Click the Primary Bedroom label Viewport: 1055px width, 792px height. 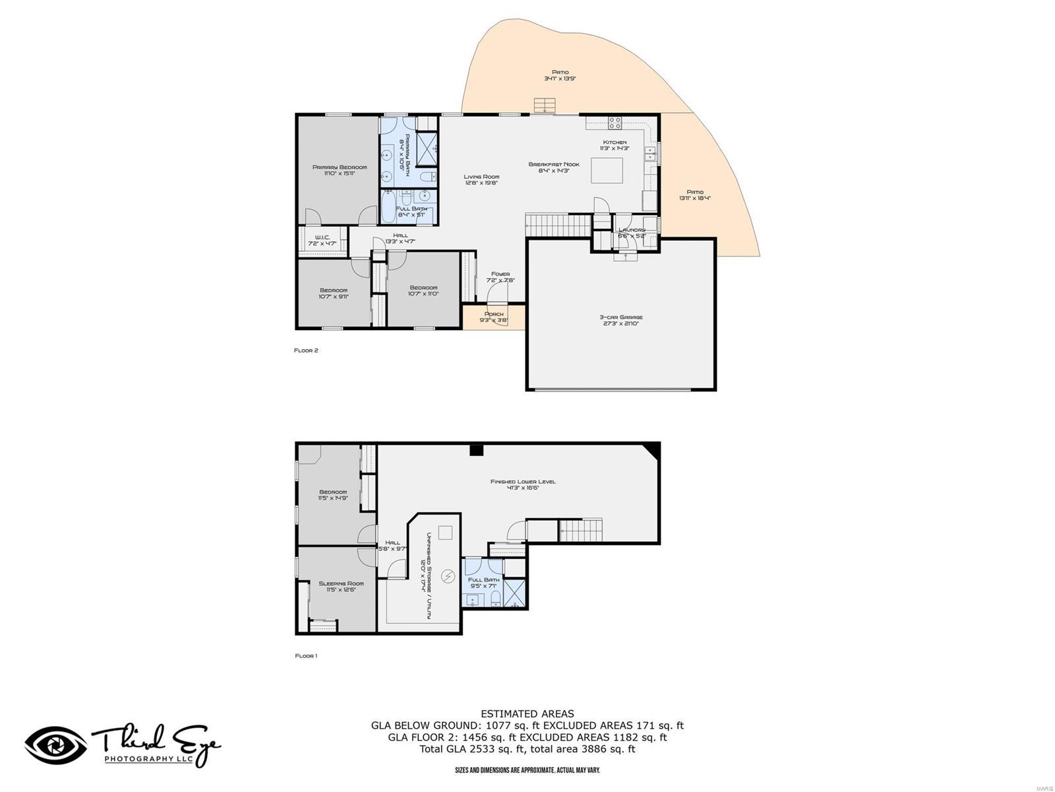(340, 170)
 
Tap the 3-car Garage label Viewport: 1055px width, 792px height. (620, 320)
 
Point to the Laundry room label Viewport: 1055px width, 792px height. (631, 232)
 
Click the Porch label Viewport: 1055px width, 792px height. (494, 317)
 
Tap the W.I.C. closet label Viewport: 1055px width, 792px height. (322, 240)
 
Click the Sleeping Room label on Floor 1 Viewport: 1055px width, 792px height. (341, 586)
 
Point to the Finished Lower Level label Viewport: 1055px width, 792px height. (523, 484)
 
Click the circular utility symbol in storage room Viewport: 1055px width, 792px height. (448, 577)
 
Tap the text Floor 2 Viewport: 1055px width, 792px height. (306, 350)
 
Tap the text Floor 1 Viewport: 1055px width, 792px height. (306, 655)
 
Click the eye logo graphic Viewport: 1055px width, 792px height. (55, 746)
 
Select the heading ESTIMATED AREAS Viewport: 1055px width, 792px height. (527, 713)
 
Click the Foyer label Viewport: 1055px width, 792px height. (500, 277)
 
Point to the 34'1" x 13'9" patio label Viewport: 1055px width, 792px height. (560, 75)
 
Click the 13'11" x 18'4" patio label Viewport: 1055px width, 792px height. (695, 195)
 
